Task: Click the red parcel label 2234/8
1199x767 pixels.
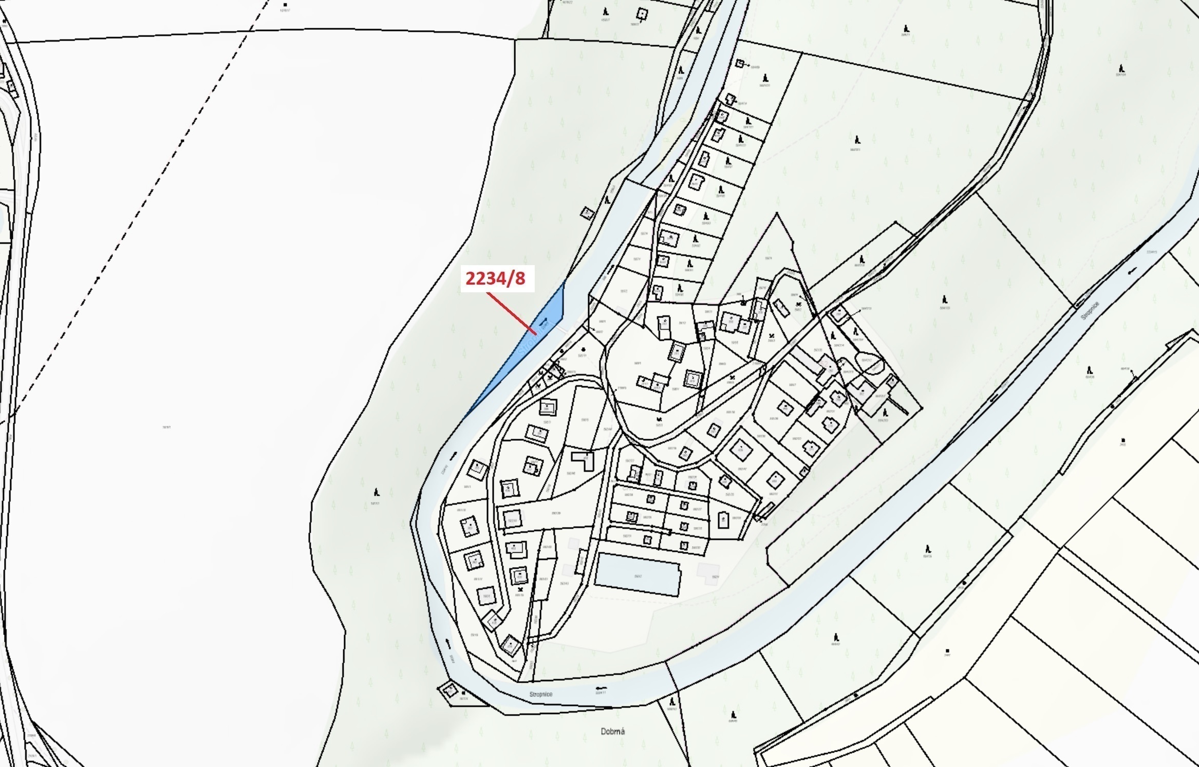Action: pos(496,278)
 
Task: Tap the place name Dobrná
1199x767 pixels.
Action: pos(612,731)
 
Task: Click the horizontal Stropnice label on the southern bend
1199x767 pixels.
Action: pos(541,694)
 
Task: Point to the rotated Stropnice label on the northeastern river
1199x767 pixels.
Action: pos(1090,311)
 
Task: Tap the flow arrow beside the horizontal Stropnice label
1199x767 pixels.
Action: pos(599,687)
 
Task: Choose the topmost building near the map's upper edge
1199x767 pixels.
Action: pos(642,13)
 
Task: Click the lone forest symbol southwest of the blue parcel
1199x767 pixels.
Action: pos(377,492)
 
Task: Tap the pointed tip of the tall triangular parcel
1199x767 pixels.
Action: pos(777,214)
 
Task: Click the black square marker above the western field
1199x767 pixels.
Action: pos(285,5)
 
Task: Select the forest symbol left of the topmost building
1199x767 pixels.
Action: pos(606,12)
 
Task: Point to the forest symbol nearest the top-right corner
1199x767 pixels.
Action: pos(1122,69)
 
